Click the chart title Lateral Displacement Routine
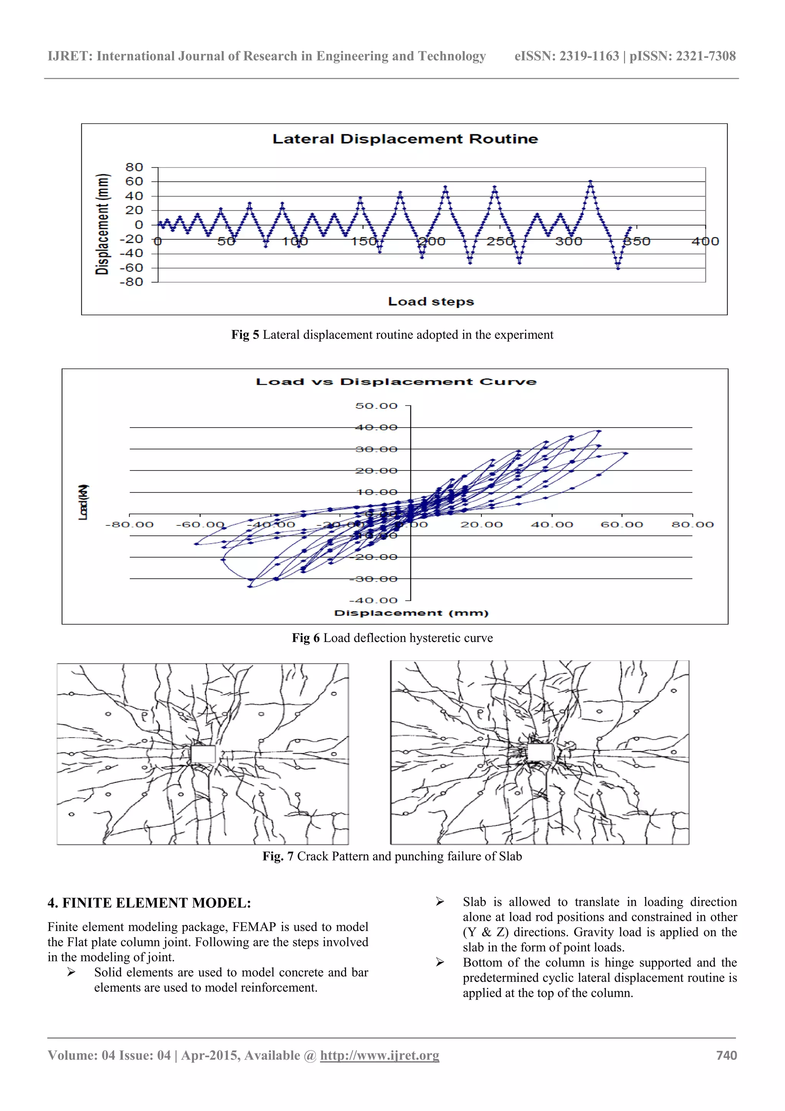[405, 139]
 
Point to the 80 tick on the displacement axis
[134, 168]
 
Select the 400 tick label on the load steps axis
[705, 242]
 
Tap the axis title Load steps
[430, 302]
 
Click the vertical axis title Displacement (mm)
[102, 224]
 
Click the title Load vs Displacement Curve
[396, 382]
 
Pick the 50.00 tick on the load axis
[376, 406]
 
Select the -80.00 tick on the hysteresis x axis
[129, 525]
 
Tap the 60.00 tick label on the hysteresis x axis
[621, 525]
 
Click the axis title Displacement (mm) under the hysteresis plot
[411, 613]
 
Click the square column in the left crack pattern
[203, 754]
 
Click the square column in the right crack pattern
[539, 752]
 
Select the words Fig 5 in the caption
[245, 335]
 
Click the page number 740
[726, 1055]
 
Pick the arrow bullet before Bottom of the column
[440, 963]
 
